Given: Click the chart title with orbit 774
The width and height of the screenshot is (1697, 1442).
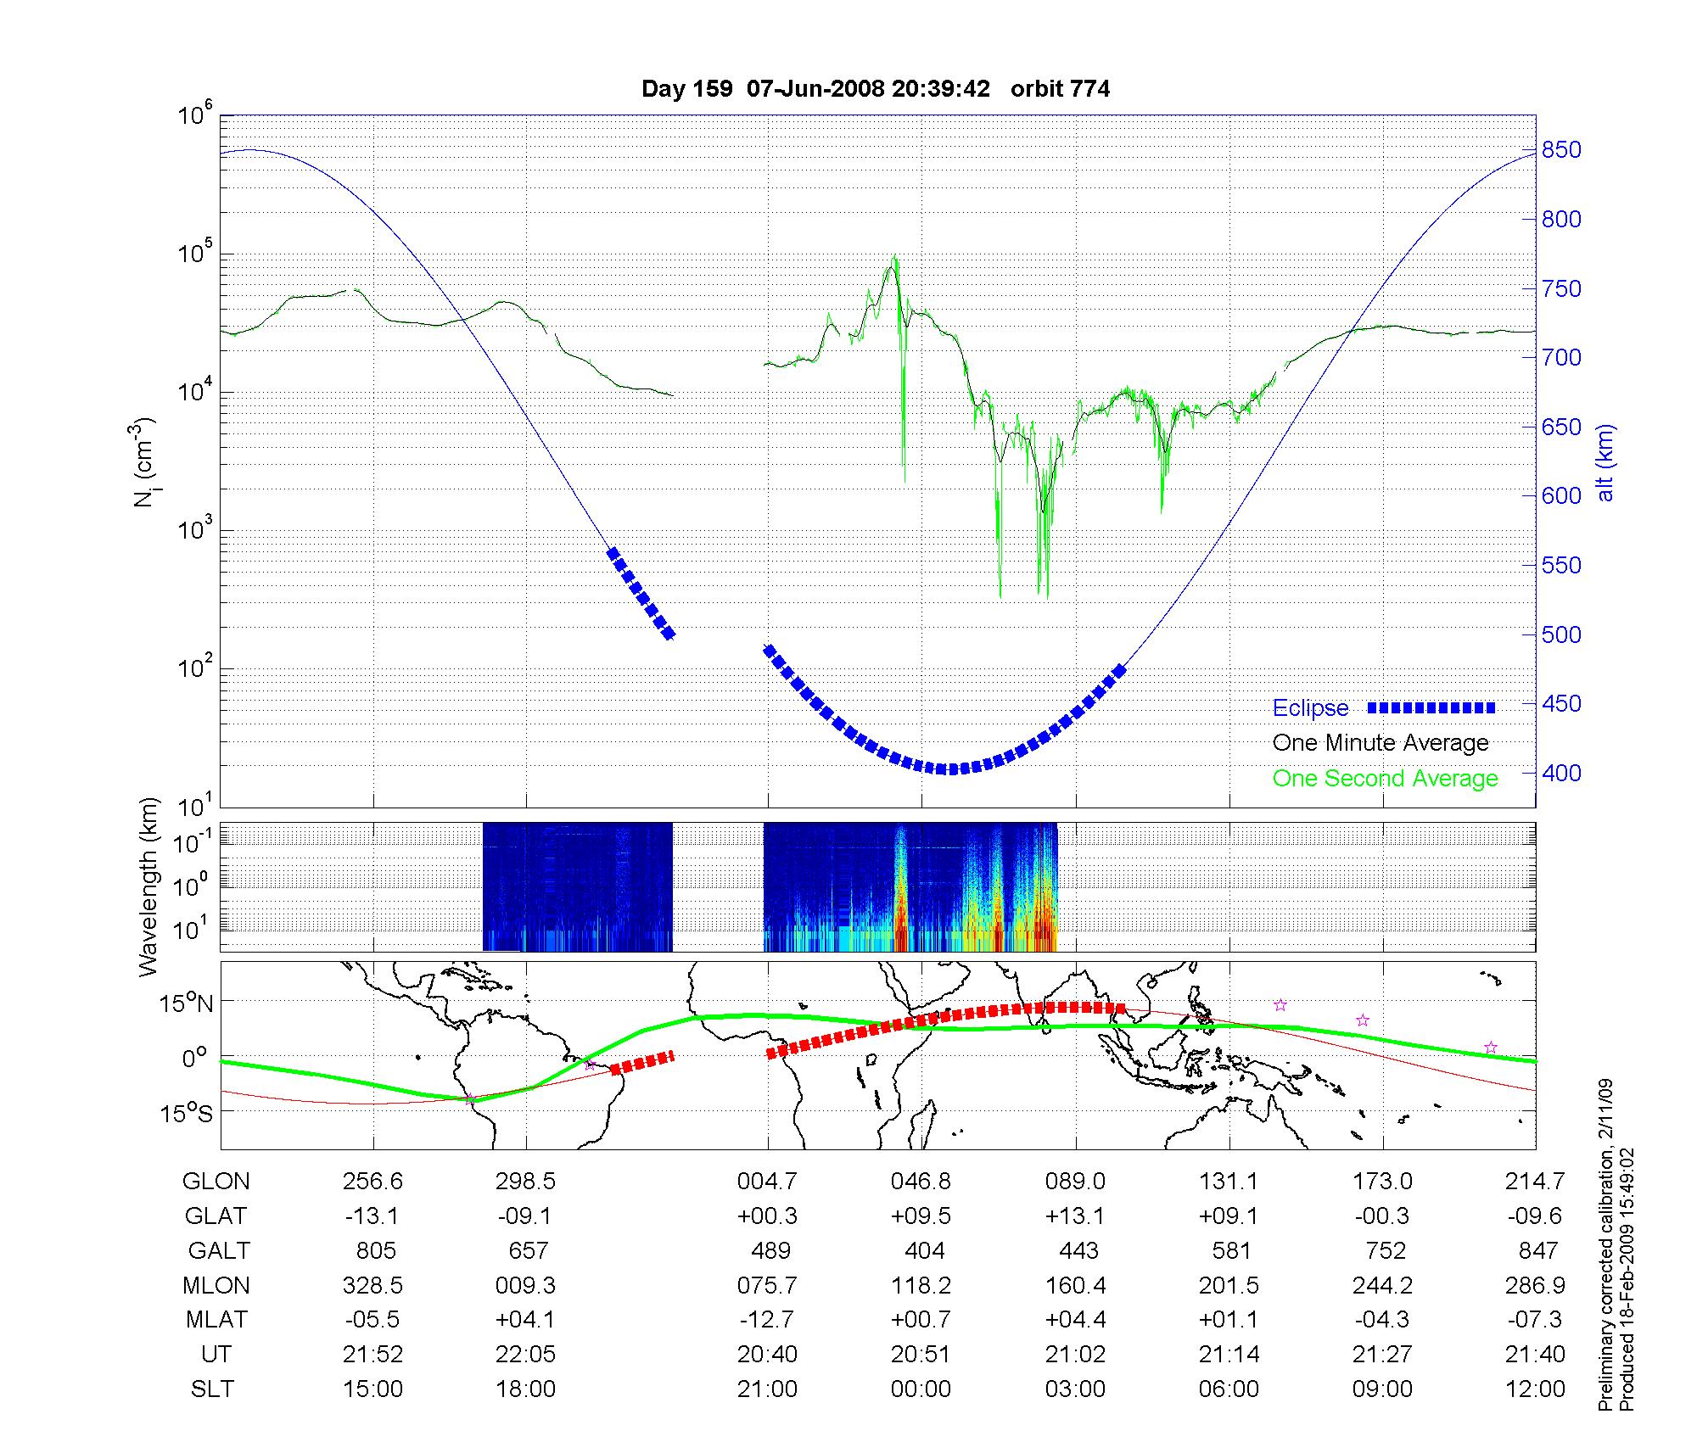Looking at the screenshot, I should click(875, 89).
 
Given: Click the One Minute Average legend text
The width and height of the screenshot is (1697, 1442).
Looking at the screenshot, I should click(1381, 743).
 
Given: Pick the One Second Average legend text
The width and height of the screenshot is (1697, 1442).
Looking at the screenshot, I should click(1385, 779).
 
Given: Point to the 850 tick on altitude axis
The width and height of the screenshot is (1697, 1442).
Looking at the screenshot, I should click(1562, 150).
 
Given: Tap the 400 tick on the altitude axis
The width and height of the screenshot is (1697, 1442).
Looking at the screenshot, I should click(1562, 773).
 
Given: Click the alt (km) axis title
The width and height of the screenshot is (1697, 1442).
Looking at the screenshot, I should click(1605, 462).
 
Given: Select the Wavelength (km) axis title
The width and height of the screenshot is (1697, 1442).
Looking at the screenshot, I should click(149, 887).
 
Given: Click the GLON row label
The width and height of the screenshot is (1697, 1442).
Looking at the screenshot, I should click(216, 1181).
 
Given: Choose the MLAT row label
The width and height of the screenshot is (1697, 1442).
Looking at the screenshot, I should click(216, 1320).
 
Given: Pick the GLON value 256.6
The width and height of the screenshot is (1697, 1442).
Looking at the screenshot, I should click(372, 1181).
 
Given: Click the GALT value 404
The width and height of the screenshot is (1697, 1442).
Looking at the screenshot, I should click(924, 1250).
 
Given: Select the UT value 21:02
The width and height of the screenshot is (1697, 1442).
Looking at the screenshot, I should click(1075, 1355).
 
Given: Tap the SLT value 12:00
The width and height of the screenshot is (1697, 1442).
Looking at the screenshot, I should click(1535, 1389).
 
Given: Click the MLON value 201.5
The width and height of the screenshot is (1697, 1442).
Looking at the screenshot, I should click(1229, 1285).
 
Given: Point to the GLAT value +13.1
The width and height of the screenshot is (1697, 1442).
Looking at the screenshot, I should click(1075, 1216).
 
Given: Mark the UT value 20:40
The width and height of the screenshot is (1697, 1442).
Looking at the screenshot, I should click(767, 1355).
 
